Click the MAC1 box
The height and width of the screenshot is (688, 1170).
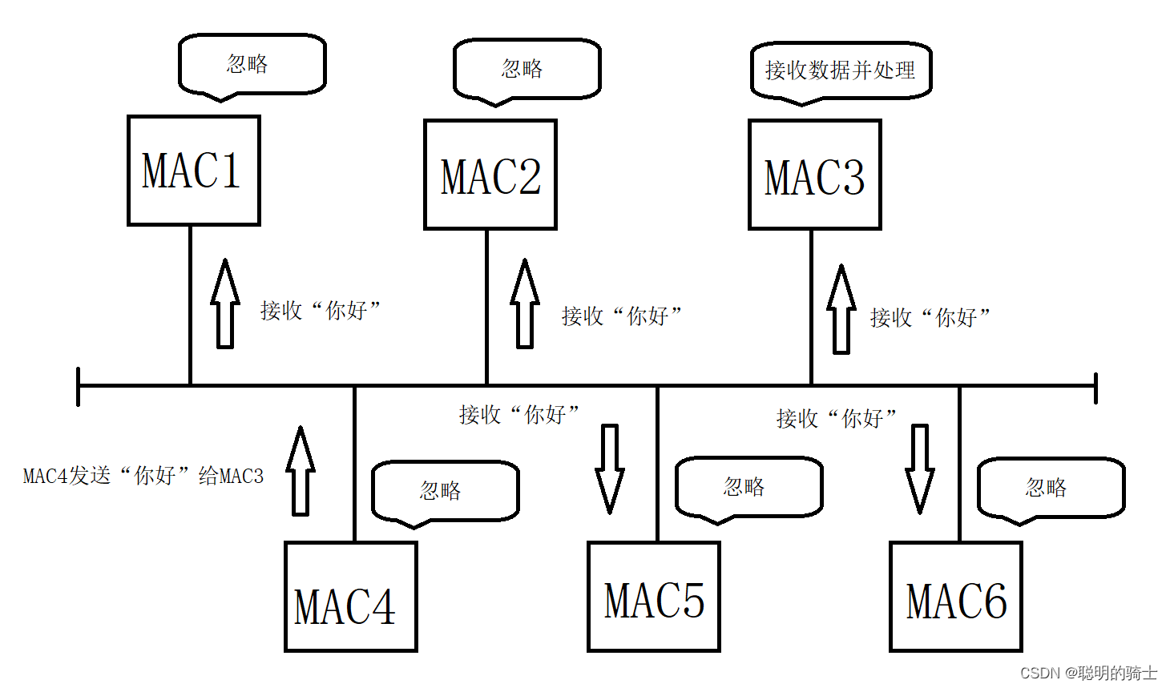[193, 171]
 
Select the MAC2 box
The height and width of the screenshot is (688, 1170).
[490, 175]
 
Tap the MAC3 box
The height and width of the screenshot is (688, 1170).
[814, 175]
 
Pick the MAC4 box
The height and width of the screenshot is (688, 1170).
[350, 597]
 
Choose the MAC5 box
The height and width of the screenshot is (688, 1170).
[653, 597]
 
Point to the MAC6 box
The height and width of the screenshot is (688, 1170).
[955, 597]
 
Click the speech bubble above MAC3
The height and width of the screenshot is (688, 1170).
[841, 70]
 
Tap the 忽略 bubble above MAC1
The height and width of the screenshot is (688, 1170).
[252, 64]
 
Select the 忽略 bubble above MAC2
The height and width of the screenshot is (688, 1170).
[526, 69]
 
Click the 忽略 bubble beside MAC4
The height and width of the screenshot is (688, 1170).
[445, 490]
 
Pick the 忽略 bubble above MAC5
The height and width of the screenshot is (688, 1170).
[748, 487]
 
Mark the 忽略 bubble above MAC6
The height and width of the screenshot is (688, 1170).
[1051, 487]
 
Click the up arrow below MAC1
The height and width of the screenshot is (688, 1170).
[225, 304]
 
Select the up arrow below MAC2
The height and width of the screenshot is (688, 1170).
[525, 304]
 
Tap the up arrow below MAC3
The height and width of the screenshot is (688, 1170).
[841, 309]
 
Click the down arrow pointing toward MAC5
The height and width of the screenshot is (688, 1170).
[610, 469]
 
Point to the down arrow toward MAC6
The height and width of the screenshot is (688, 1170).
[919, 469]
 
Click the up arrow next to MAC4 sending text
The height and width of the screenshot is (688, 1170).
[301, 471]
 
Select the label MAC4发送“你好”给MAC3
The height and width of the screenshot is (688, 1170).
[143, 476]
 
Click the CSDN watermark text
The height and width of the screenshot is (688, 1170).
[1087, 673]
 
